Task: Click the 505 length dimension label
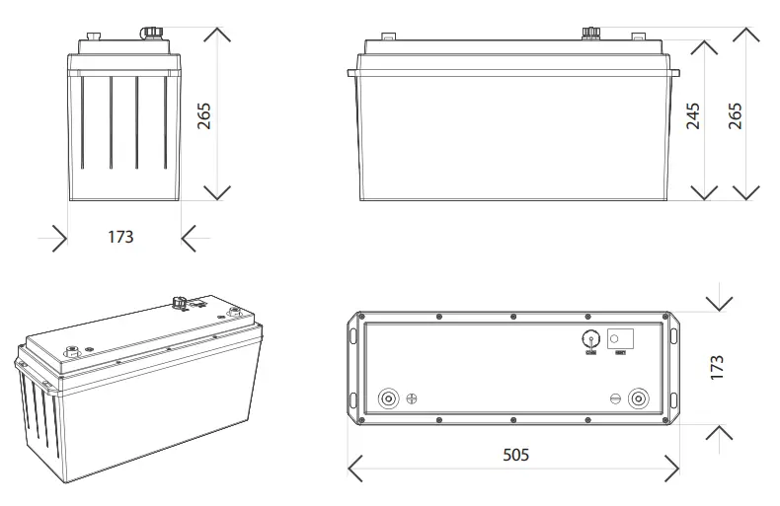515,455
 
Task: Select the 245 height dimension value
693,115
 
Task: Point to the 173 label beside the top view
718,367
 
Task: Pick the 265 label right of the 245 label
736,115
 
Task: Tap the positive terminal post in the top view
389,399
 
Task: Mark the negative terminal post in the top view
640,399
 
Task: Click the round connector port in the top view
590,336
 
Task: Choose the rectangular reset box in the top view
619,336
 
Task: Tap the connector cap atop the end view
152,32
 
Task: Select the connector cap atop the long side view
589,32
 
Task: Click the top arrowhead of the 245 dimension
704,48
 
